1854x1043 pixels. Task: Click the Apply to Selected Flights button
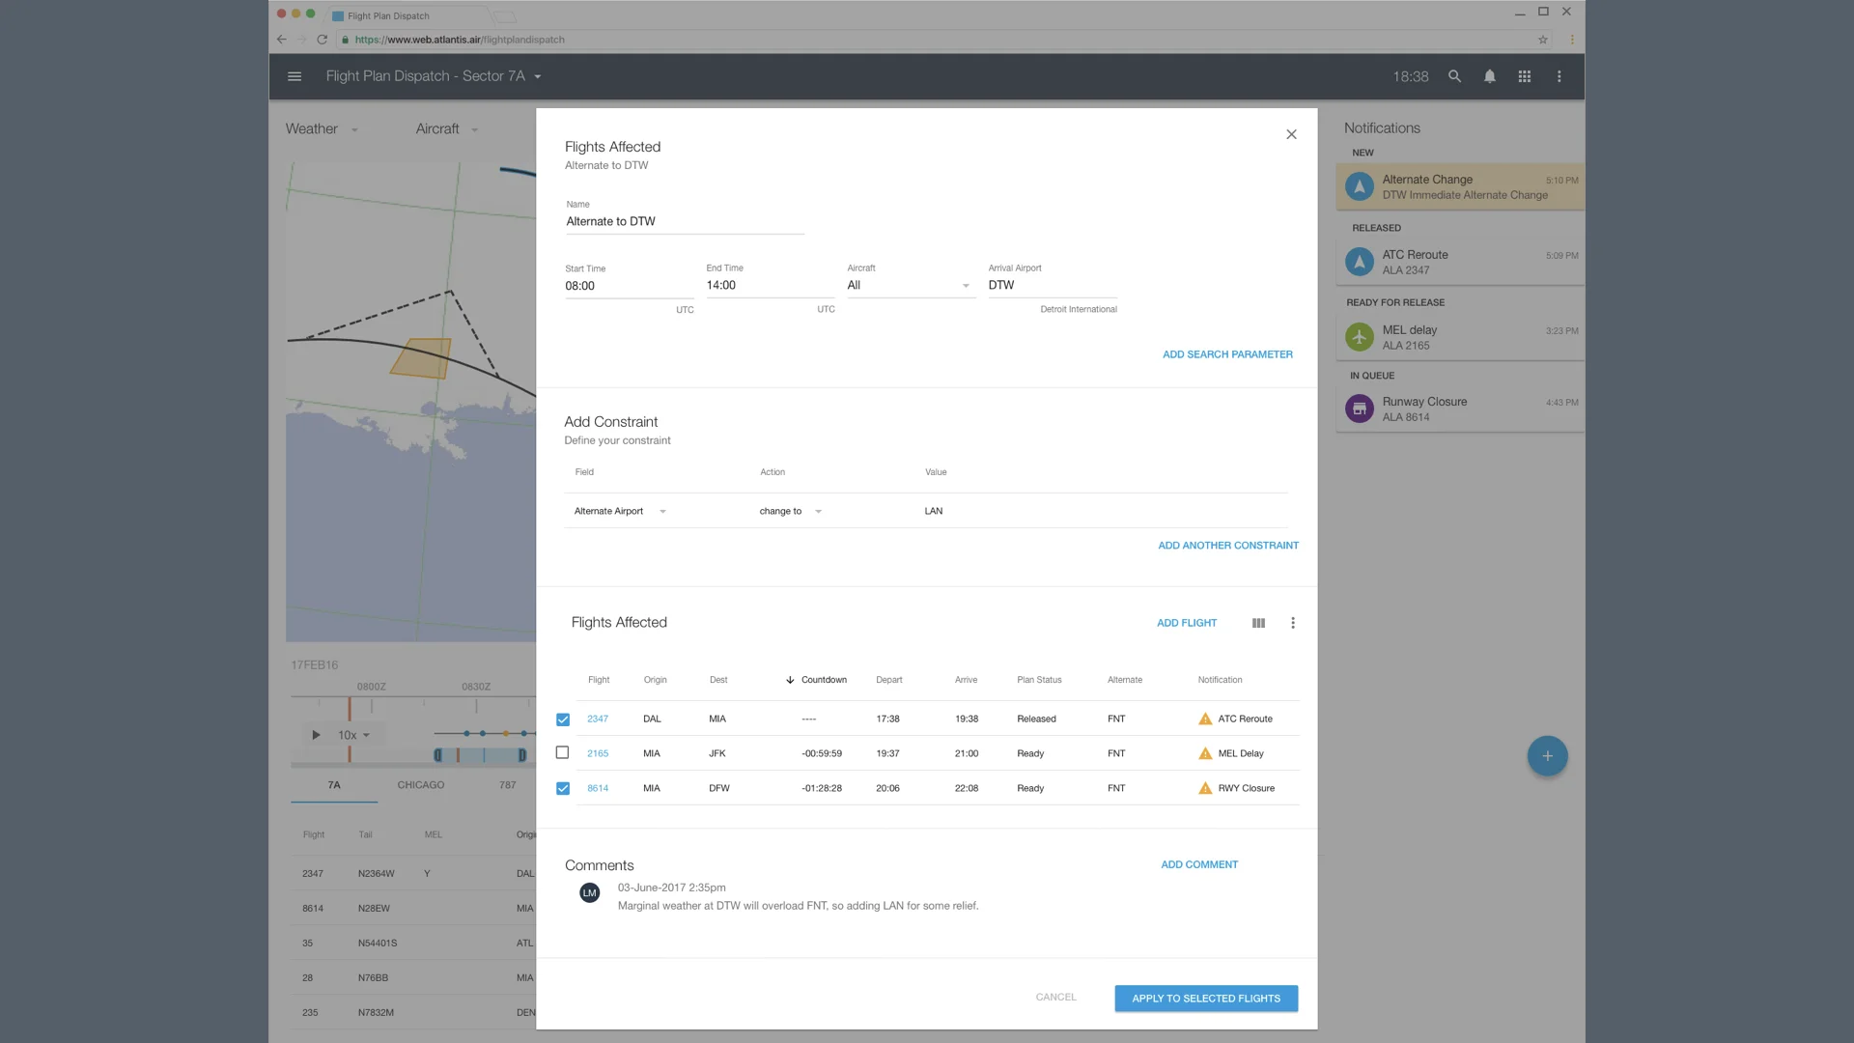(1206, 998)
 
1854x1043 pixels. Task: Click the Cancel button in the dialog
(1055, 997)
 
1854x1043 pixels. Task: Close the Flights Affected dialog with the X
(1291, 134)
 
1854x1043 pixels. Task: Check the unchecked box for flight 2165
(562, 752)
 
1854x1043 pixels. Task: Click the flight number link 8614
(598, 788)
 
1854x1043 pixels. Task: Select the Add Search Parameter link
(1227, 354)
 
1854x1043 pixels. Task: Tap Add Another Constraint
(1227, 546)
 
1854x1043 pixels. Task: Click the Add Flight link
(1187, 623)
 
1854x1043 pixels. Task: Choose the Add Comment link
(1199, 864)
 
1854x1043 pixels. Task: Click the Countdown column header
(823, 680)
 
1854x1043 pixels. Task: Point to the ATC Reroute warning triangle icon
(1205, 719)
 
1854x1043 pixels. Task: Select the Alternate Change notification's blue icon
(1360, 186)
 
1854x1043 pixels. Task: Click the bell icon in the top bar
(1490, 76)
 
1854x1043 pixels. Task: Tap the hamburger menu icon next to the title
(295, 76)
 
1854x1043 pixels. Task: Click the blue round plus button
(1547, 756)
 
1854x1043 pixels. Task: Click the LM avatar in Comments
(589, 893)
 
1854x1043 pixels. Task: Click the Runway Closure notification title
(1424, 402)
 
